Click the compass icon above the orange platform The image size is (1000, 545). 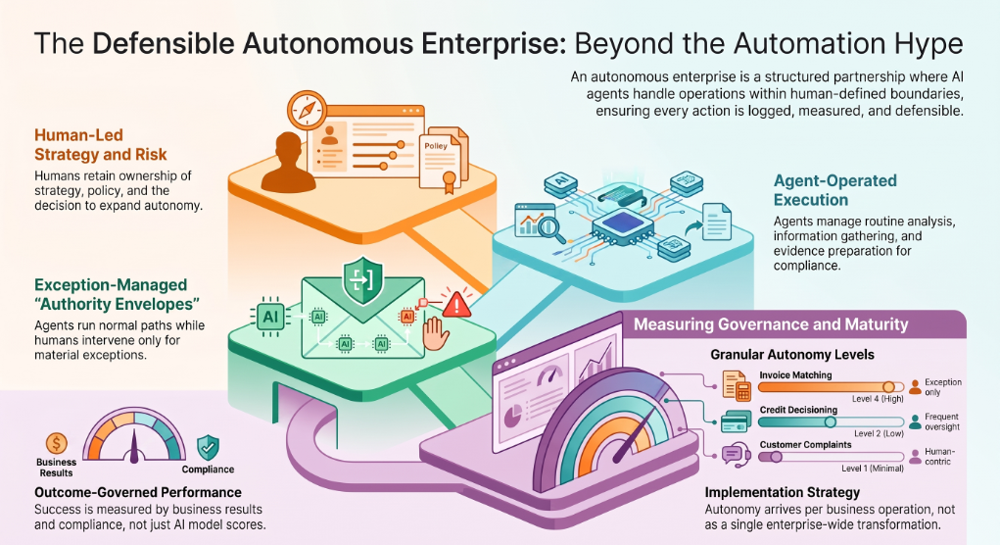point(307,111)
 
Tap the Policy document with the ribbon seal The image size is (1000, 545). point(440,163)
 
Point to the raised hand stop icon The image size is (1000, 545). point(436,334)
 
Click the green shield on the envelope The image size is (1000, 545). point(362,280)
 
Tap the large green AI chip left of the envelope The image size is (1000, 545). point(269,316)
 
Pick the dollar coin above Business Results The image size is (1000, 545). point(56,443)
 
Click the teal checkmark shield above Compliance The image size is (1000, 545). point(208,447)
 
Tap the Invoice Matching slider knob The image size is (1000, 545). point(888,387)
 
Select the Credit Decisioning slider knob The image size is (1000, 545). point(830,421)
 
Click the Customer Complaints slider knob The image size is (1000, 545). point(776,457)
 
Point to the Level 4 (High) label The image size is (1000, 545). point(878,399)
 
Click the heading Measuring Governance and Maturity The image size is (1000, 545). point(771,324)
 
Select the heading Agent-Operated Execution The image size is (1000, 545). point(834,190)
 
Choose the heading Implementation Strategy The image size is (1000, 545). point(782,492)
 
